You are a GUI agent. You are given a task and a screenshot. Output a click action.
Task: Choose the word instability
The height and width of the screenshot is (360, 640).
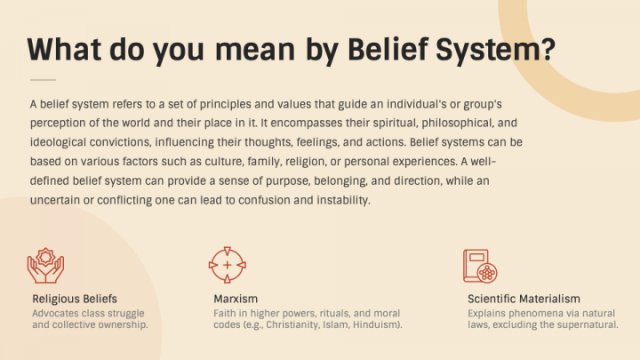click(332, 200)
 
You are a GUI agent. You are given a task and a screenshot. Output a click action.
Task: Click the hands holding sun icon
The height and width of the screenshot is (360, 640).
click(46, 264)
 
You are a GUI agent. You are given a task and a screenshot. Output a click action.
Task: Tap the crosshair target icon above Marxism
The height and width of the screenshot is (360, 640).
click(227, 265)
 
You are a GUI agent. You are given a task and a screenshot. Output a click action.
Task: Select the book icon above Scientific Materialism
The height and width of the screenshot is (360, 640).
click(480, 265)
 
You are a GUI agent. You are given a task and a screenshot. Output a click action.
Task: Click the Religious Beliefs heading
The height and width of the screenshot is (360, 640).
click(75, 298)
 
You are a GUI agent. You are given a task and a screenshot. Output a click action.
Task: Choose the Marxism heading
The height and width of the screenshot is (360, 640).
click(236, 298)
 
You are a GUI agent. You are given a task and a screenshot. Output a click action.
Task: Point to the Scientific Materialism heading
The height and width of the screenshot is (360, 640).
click(524, 298)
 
